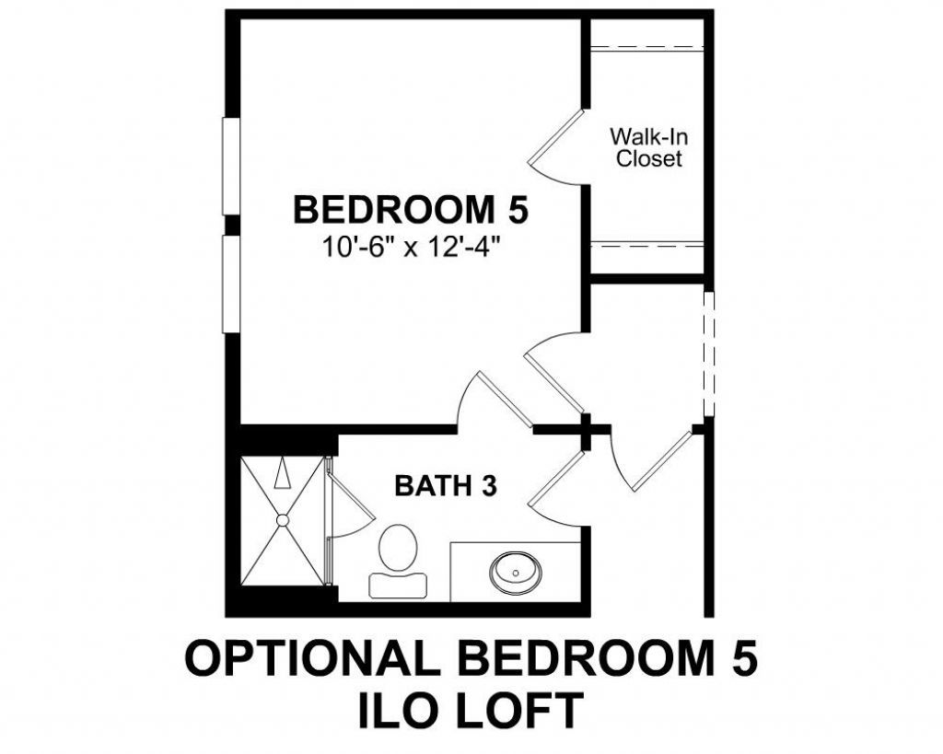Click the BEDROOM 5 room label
411,210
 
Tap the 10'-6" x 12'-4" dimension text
411,247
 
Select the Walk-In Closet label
649,147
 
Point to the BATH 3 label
446,485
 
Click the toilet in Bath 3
397,549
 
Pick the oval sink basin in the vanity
516,572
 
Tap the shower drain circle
283,520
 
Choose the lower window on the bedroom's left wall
231,284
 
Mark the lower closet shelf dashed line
646,244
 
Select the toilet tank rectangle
398,584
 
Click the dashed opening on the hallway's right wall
708,355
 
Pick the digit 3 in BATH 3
487,485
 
